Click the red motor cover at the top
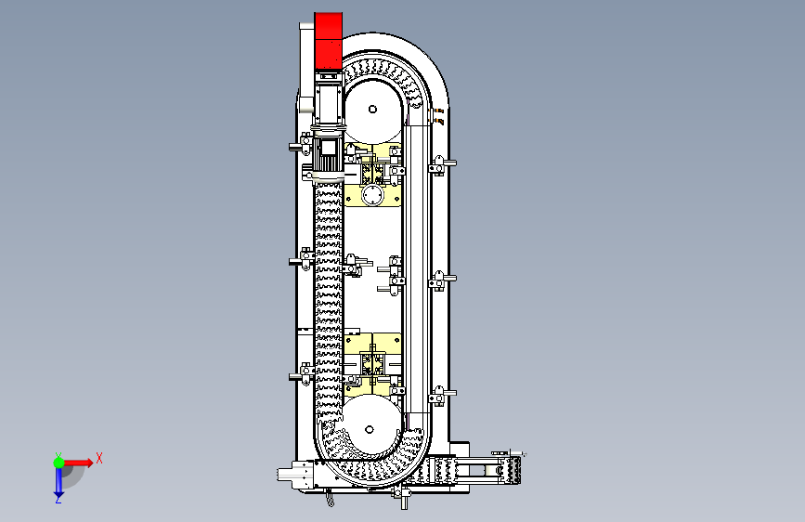328,41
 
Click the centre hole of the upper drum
372,109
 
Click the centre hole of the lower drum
370,429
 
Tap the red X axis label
99,458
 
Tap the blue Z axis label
58,499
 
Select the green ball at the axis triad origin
59,463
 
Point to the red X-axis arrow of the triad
78,463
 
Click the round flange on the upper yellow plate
372,196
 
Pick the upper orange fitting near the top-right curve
438,111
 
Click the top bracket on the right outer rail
440,165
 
